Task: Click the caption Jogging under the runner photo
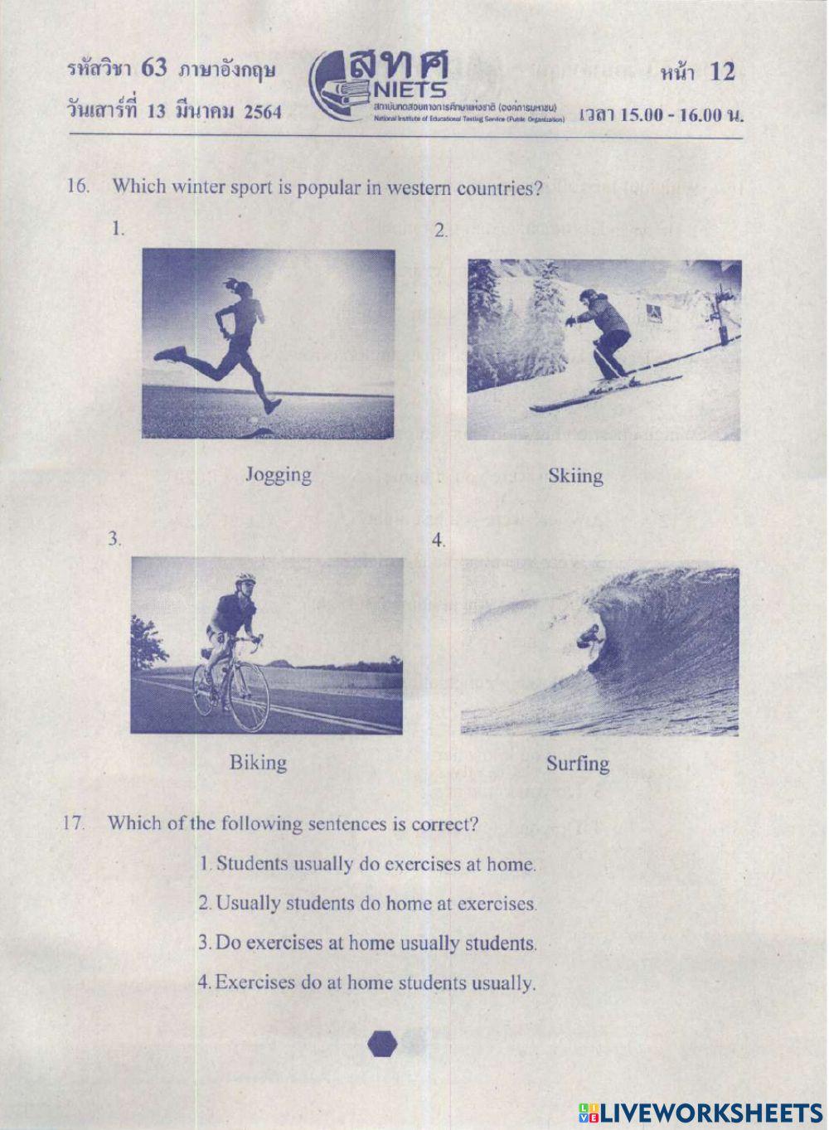point(279,475)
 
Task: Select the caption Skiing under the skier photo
point(575,476)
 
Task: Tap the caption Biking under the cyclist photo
point(258,763)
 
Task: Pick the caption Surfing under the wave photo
point(578,764)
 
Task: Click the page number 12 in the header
point(721,72)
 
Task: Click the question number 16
point(78,186)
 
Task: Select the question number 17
point(74,823)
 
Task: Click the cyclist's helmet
point(245,578)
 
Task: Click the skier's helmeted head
point(588,297)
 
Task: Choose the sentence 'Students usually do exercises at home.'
point(368,864)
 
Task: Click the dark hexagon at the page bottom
point(383,1045)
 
